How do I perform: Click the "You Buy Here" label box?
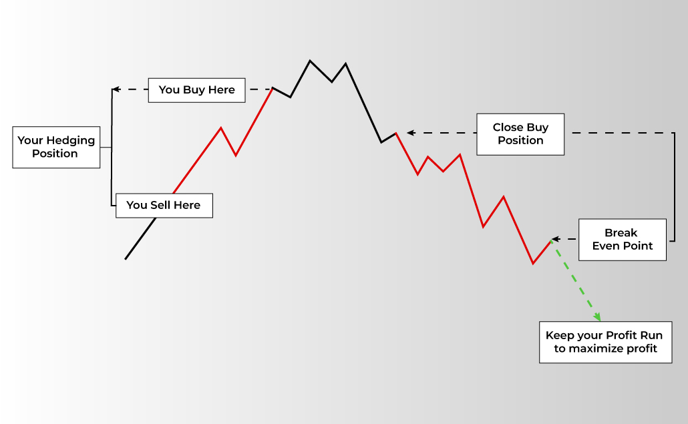click(196, 90)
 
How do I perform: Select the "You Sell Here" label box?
click(164, 206)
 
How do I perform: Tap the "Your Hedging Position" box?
click(56, 148)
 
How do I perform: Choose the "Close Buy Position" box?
click(520, 134)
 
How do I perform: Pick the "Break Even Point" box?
click(622, 240)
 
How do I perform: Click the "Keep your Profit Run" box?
click(606, 343)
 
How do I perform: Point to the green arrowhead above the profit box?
click(597, 317)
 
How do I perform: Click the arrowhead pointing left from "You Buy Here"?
click(116, 89)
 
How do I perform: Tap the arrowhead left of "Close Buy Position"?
click(411, 132)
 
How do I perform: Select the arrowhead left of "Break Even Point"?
click(556, 239)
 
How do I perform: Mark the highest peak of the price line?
click(310, 61)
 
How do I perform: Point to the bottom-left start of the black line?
click(126, 259)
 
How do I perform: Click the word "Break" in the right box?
click(621, 233)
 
